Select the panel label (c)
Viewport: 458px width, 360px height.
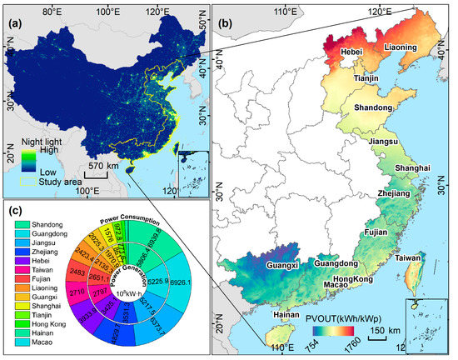14,210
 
